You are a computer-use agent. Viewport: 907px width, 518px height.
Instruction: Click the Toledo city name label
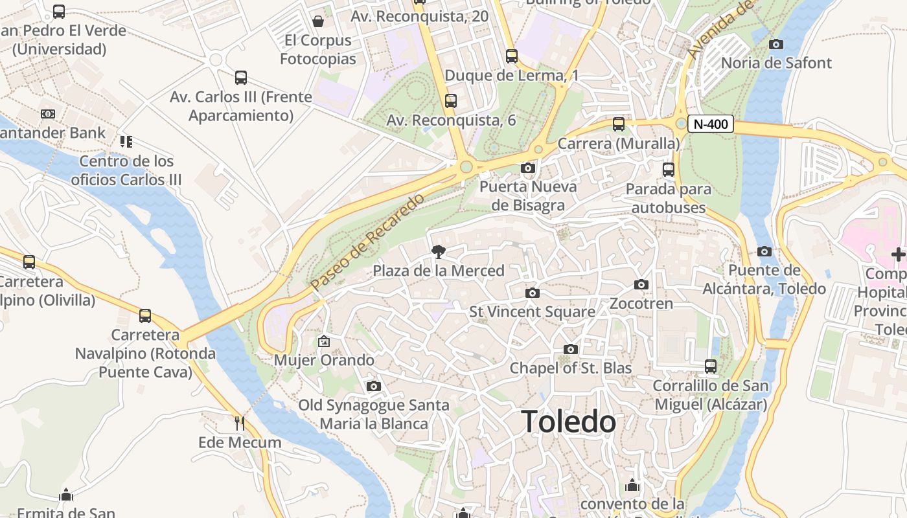tap(568, 422)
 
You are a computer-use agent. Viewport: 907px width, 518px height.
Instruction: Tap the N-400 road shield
tap(710, 124)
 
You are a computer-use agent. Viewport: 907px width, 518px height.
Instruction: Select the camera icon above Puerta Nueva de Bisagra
tap(528, 168)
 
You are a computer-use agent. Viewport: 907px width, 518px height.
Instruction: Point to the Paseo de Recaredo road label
tap(367, 242)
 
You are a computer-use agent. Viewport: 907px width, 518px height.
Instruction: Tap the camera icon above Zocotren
tap(641, 285)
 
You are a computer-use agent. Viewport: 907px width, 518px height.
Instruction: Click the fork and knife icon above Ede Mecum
tap(240, 423)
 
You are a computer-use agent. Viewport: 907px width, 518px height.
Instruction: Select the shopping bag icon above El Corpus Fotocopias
tap(318, 21)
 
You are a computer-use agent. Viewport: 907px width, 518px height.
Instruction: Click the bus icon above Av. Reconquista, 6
tap(451, 101)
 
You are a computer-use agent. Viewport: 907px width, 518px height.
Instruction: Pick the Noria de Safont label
tap(776, 63)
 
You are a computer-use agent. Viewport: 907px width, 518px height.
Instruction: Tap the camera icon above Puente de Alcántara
tap(764, 251)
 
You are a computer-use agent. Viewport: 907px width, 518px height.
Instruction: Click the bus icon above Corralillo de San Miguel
tap(711, 366)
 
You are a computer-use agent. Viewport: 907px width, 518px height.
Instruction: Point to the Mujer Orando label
tap(324, 360)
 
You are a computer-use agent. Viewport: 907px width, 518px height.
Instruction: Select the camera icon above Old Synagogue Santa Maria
tap(374, 387)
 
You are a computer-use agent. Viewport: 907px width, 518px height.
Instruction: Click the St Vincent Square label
tap(532, 312)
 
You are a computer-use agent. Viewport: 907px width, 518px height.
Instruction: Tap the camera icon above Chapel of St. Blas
tap(571, 350)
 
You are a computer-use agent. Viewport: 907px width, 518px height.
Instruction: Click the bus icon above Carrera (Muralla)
tap(619, 124)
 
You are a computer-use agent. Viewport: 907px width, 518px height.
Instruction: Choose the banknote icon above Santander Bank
tap(48, 114)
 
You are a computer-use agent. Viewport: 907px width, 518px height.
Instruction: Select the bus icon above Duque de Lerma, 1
tap(512, 56)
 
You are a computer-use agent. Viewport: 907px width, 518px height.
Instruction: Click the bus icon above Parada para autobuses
tap(669, 170)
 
